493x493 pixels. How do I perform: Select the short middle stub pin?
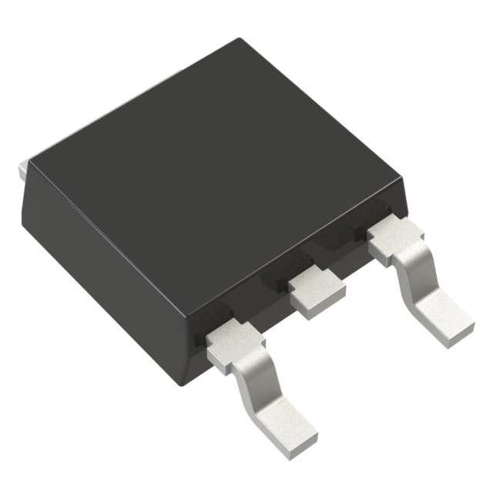[x=316, y=293]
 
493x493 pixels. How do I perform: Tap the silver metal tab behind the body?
[x=22, y=167]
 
